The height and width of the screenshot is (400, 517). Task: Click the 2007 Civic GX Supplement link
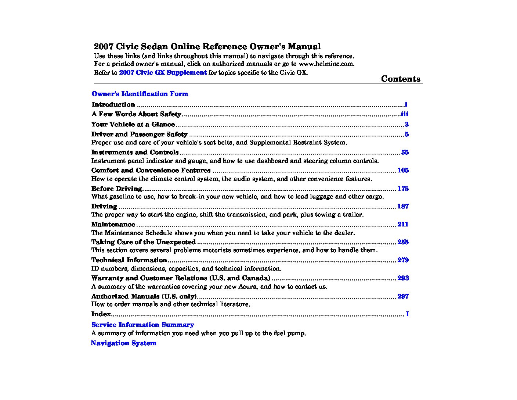pos(163,72)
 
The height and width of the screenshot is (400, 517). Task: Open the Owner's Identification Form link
pos(140,94)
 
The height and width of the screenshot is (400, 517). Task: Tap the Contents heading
pos(401,79)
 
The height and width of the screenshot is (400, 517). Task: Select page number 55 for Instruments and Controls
pos(405,152)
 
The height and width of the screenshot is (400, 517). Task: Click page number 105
pos(403,170)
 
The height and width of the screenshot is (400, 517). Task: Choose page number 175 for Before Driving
pos(403,189)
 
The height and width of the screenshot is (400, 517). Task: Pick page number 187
pos(403,206)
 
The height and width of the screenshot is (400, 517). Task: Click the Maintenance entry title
pos(113,224)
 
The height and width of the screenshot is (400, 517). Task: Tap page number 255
pos(403,242)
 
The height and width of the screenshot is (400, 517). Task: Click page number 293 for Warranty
pos(403,278)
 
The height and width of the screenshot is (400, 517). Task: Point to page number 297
pos(403,296)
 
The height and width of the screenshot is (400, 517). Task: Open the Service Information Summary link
pos(142,325)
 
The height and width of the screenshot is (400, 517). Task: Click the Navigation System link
pos(123,343)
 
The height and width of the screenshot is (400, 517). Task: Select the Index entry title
pos(101,314)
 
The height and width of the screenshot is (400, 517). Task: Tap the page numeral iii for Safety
pos(404,114)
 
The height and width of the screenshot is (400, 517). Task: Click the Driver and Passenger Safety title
pos(139,134)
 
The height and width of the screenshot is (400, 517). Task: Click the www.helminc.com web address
pos(326,64)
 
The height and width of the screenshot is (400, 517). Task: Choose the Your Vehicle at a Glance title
pos(133,124)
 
